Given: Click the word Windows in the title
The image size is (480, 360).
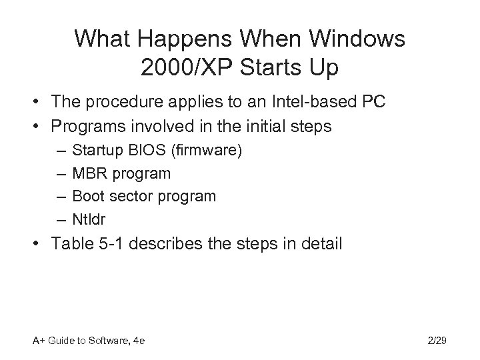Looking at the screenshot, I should click(x=353, y=39).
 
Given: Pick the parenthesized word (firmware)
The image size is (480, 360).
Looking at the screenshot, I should click(x=207, y=151).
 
